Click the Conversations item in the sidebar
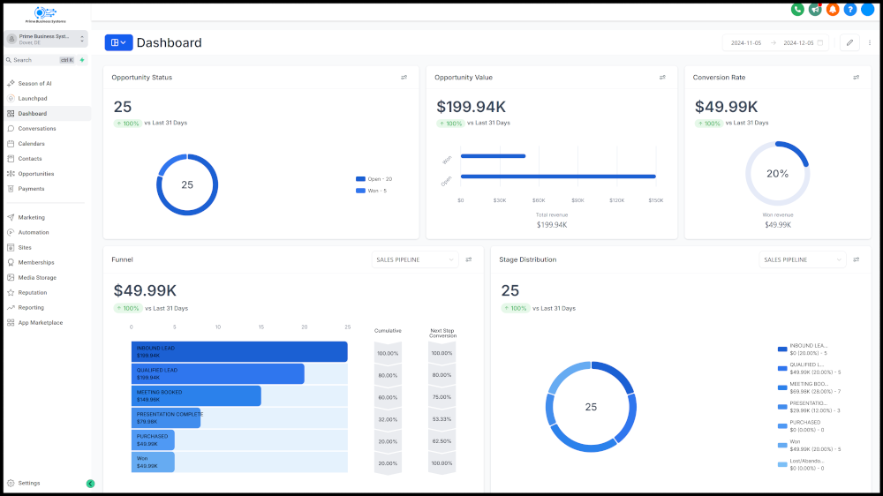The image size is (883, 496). tap(37, 129)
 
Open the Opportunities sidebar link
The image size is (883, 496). tap(36, 174)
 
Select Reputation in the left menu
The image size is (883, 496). tap(33, 292)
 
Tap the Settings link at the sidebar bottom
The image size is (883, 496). tap(29, 483)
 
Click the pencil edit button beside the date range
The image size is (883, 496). tap(849, 42)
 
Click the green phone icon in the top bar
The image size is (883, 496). tap(797, 10)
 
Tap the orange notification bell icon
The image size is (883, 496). tap(833, 10)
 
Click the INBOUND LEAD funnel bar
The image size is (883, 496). tap(238, 351)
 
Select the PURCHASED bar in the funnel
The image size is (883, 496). tap(153, 440)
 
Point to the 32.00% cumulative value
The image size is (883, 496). tap(388, 419)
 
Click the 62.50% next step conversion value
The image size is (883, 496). tap(441, 441)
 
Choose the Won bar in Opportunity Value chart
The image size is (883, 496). tap(493, 156)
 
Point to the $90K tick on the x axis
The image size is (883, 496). tap(578, 200)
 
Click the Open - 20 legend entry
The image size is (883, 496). tap(374, 179)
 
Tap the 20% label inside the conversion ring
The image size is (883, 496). tap(777, 174)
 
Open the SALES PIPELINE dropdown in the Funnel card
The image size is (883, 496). tap(415, 259)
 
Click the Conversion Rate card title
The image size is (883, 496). tap(719, 78)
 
